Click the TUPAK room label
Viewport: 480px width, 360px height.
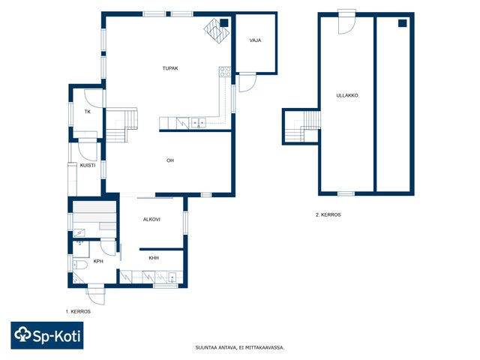click(170, 68)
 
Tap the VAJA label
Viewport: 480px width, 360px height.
click(255, 40)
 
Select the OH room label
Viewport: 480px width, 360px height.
click(170, 160)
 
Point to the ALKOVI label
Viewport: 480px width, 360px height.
click(151, 220)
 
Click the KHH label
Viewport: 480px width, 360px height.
click(154, 258)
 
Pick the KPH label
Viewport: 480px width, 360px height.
click(98, 262)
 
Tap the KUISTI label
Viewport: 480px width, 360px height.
click(88, 165)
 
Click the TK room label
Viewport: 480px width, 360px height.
click(88, 112)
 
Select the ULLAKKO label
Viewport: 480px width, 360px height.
click(347, 95)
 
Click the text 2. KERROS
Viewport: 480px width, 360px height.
click(328, 215)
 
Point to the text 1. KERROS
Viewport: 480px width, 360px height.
click(78, 312)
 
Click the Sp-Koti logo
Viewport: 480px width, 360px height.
click(47, 335)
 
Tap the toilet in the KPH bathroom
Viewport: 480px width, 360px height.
click(80, 265)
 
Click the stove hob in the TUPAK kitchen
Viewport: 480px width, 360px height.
click(225, 72)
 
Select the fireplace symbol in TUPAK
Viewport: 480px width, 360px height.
click(217, 31)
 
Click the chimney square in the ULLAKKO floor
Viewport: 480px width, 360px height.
click(403, 23)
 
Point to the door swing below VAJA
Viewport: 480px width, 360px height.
click(247, 82)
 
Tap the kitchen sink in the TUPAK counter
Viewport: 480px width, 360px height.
click(198, 123)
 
